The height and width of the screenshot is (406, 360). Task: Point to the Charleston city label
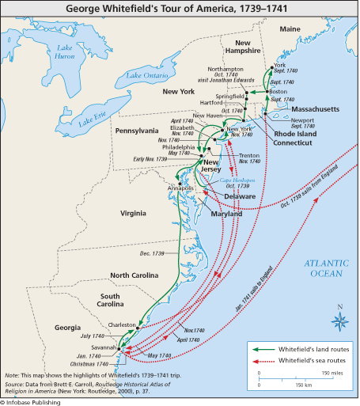tap(122, 324)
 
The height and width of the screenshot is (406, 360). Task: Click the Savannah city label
tap(104, 348)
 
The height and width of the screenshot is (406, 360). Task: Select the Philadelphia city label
tap(178, 147)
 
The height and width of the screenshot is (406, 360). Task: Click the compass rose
tap(339, 320)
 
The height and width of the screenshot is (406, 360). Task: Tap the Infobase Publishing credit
tap(35, 401)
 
